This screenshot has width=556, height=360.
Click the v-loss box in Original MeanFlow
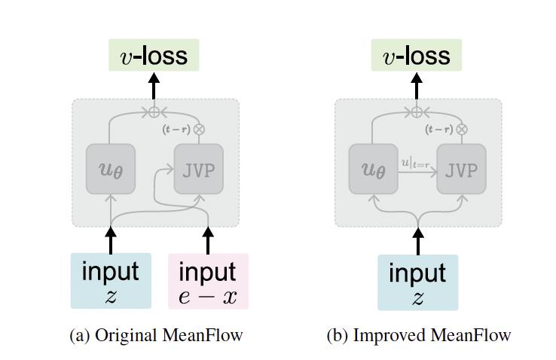tap(154, 56)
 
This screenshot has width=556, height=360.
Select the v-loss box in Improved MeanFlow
tap(417, 56)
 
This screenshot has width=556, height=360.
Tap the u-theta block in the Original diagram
tap(111, 169)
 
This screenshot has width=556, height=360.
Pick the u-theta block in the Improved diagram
tap(373, 169)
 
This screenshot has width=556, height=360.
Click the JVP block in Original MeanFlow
tap(199, 169)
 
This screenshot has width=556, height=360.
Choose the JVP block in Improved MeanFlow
tap(461, 169)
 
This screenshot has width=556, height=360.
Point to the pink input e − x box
tap(208, 282)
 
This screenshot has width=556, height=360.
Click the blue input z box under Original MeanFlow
tap(111, 281)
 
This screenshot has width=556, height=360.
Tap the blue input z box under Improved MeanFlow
tap(417, 282)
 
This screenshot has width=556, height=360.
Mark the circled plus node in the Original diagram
tap(154, 112)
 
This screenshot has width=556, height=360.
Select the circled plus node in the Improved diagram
tap(417, 112)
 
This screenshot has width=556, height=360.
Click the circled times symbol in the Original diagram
tap(199, 129)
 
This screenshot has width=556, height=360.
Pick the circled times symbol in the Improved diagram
tap(461, 129)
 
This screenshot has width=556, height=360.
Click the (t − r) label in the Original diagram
tap(177, 129)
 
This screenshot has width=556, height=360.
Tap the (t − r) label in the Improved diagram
tap(439, 129)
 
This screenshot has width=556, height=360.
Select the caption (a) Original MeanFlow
tap(156, 335)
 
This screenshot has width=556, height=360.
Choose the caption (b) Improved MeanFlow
tap(418, 335)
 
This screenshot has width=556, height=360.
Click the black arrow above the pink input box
tap(208, 240)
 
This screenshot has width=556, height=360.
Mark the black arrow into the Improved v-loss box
tap(417, 87)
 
